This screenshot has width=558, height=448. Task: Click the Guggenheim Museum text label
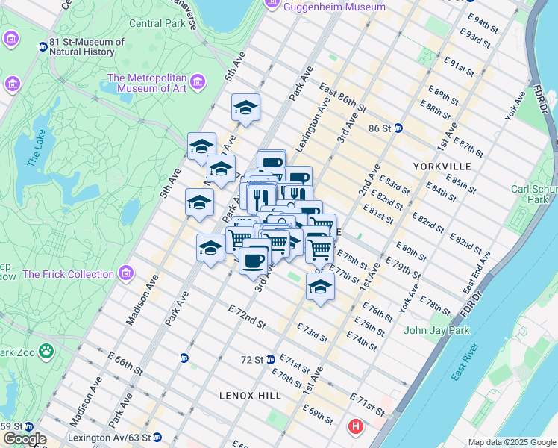coord(335,7)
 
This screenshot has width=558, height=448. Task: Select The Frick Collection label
coord(68,274)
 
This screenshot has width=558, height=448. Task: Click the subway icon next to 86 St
coord(398,128)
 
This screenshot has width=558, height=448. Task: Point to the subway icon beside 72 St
coord(271,359)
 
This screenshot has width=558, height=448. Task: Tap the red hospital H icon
coord(357,428)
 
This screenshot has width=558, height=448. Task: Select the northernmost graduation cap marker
coord(245,108)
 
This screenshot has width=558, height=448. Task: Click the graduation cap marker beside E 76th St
coord(320,287)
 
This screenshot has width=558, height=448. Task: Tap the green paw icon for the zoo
coord(46,349)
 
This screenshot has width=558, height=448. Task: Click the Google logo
coord(24,439)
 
